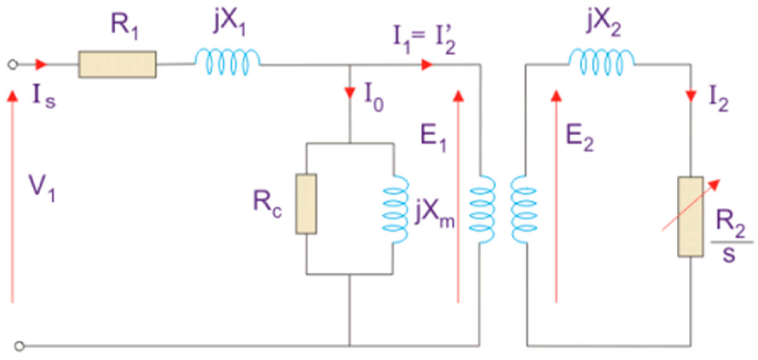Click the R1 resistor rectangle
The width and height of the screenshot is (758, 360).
click(x=117, y=64)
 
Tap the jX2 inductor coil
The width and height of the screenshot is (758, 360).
click(x=601, y=62)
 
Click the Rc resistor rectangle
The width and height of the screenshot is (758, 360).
click(x=306, y=204)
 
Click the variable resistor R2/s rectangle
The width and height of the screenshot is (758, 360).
click(x=691, y=217)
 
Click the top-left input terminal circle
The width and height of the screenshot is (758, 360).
click(x=12, y=65)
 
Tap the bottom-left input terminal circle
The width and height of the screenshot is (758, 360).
click(x=20, y=346)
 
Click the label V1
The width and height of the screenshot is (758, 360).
click(x=42, y=188)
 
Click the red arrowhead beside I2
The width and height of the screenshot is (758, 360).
click(x=691, y=96)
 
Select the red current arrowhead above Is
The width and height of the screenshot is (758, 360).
click(x=41, y=65)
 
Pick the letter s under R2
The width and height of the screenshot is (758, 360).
click(x=729, y=255)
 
